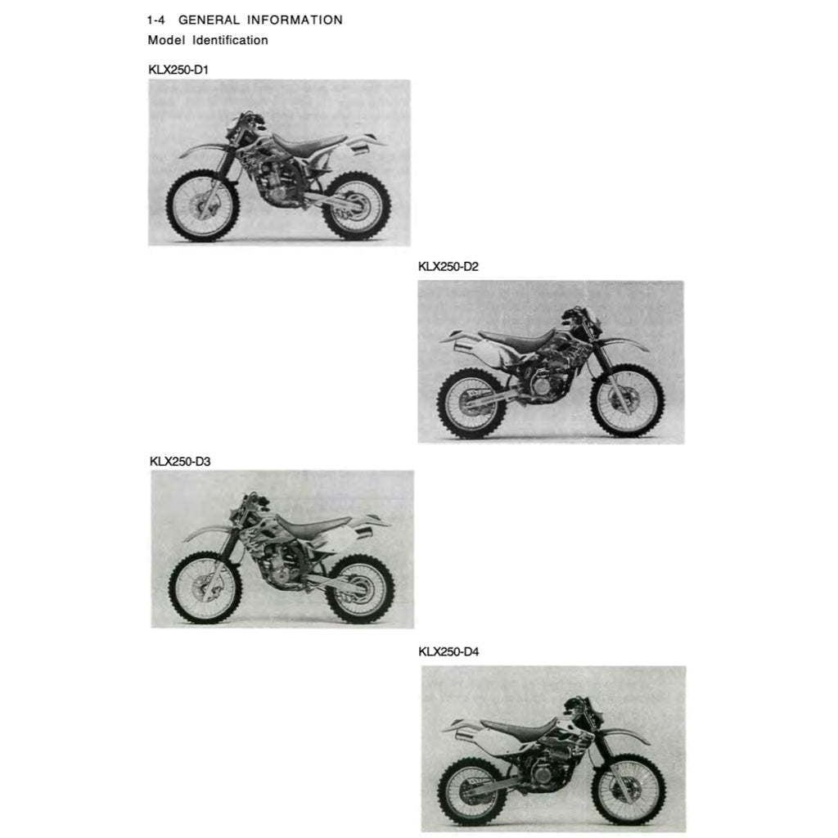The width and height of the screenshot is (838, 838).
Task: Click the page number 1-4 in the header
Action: [156, 20]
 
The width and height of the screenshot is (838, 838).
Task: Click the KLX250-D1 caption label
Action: [178, 70]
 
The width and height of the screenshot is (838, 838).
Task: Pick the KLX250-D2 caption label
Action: [448, 266]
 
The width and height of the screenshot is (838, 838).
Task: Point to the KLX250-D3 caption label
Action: [180, 462]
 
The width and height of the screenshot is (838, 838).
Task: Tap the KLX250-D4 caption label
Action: [448, 651]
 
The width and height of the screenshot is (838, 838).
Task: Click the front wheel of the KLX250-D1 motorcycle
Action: [203, 205]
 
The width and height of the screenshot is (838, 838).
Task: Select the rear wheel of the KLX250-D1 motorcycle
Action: [357, 205]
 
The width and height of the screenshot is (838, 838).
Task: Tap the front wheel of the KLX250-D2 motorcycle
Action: [627, 401]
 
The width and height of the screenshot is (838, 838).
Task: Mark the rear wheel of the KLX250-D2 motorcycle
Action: [472, 403]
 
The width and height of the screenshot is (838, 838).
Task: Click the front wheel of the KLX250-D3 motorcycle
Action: [205, 588]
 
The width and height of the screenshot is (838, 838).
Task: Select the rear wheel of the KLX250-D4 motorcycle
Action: [473, 791]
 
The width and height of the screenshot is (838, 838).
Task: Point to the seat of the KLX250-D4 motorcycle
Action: [516, 727]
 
